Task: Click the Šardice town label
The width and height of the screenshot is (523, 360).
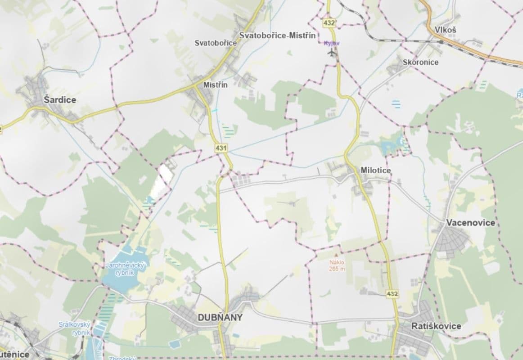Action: point(60,100)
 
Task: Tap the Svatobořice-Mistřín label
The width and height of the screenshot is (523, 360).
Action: point(277,35)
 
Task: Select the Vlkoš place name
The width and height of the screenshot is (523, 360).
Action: point(446,30)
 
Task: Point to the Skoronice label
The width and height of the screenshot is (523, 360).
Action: point(421,62)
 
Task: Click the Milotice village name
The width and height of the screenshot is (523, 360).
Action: point(376,170)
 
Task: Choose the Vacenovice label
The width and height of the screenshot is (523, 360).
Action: point(470,223)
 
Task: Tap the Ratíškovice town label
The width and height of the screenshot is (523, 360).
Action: point(436,326)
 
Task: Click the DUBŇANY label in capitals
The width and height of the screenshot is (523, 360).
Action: point(220,317)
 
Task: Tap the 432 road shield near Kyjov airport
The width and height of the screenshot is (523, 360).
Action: point(329,22)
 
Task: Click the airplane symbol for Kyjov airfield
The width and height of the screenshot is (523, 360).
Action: point(333,53)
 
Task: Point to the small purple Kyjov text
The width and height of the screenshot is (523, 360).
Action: point(332,43)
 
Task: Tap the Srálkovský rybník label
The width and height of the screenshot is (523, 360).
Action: point(75,328)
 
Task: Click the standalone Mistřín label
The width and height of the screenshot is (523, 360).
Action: point(216,85)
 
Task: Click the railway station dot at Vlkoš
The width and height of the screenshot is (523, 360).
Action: point(441,42)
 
